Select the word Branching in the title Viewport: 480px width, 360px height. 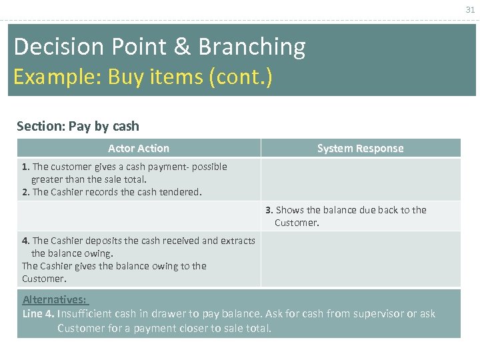252,47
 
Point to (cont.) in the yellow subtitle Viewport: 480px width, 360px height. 240,77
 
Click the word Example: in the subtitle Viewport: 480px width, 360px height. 55,77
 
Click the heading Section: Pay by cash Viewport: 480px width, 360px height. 78,126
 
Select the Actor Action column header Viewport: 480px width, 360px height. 139,148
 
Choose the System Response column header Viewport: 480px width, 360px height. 360,148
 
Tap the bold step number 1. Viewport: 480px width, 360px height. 25,167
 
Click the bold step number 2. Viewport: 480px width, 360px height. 25,192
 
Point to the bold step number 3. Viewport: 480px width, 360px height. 269,210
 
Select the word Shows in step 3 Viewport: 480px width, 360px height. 290,210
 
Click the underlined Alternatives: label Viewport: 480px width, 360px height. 55,299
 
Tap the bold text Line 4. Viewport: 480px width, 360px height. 39,313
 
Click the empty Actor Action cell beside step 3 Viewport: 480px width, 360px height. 139,216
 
